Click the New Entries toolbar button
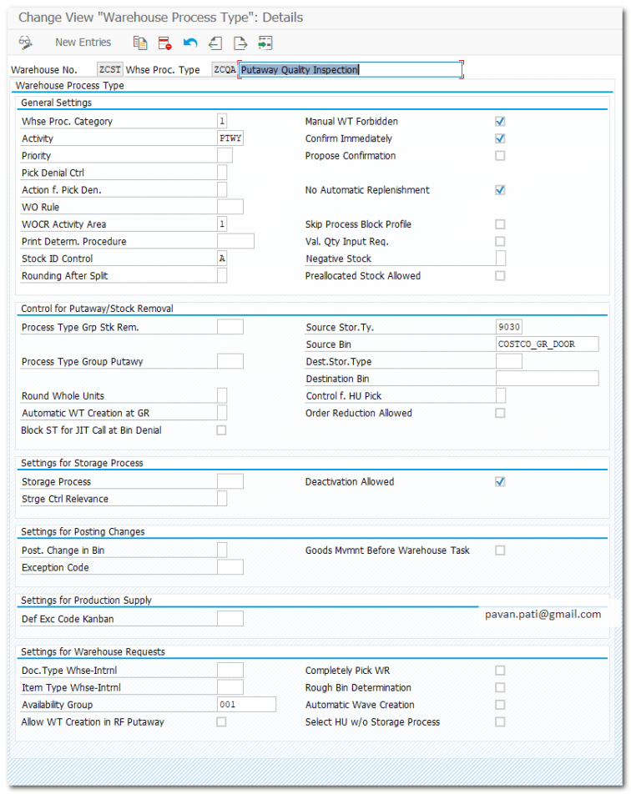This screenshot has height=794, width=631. tap(83, 43)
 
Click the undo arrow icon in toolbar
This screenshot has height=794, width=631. tap(190, 43)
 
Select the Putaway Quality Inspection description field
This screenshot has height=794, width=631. tap(350, 70)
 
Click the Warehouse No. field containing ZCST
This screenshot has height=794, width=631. tap(109, 70)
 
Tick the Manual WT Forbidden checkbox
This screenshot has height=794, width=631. tap(500, 122)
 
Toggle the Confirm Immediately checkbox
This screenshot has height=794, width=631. tap(500, 138)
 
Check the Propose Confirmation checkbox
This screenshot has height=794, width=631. tap(500, 156)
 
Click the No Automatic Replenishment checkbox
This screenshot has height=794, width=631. tap(500, 190)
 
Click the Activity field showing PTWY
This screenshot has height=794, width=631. tap(230, 138)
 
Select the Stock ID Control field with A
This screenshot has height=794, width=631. tap(222, 259)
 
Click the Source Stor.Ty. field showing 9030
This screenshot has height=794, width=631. tap(508, 327)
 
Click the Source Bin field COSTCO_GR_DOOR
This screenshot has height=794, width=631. tap(547, 344)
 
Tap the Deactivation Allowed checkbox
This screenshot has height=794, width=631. tap(500, 482)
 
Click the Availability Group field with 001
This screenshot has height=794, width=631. tap(245, 705)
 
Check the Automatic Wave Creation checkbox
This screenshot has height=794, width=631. tap(500, 705)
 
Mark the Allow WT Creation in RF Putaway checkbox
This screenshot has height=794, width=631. tap(221, 722)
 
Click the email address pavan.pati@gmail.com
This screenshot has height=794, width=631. tap(543, 614)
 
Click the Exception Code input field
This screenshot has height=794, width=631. tap(230, 568)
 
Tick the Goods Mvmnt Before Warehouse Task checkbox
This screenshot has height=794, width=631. tap(500, 550)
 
